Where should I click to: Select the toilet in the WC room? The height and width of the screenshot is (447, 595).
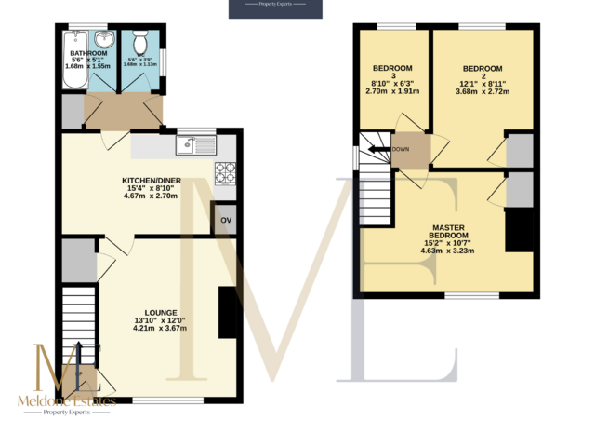(x=139, y=43)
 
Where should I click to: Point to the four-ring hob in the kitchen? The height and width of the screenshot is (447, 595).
(x=225, y=173)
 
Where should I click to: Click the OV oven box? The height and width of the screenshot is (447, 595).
(x=225, y=221)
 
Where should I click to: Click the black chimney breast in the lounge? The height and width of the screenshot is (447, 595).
(x=227, y=312)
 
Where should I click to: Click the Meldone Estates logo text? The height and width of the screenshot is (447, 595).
(x=68, y=400)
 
